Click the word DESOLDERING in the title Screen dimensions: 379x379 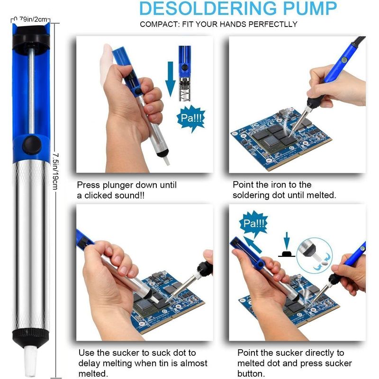pyautogui.click(x=208, y=8)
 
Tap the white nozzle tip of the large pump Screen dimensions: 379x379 pyautogui.click(x=30, y=361)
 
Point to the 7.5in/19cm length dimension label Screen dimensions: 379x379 pyautogui.click(x=55, y=171)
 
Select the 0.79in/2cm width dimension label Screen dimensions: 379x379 pyautogui.click(x=31, y=19)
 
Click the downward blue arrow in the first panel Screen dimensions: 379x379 pyautogui.click(x=171, y=79)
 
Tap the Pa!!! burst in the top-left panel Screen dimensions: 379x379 pyautogui.click(x=191, y=118)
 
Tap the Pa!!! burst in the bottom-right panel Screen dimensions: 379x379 pyautogui.click(x=253, y=223)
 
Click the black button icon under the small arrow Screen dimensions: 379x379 pyautogui.click(x=287, y=254)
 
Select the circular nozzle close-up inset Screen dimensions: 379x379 pyautogui.click(x=315, y=255)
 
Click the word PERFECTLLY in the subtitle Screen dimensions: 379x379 pyautogui.click(x=273, y=24)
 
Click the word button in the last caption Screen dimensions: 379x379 pyautogui.click(x=250, y=373)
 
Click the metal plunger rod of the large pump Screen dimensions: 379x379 pyautogui.click(x=31, y=91)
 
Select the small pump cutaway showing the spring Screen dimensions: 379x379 pyautogui.click(x=185, y=73)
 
